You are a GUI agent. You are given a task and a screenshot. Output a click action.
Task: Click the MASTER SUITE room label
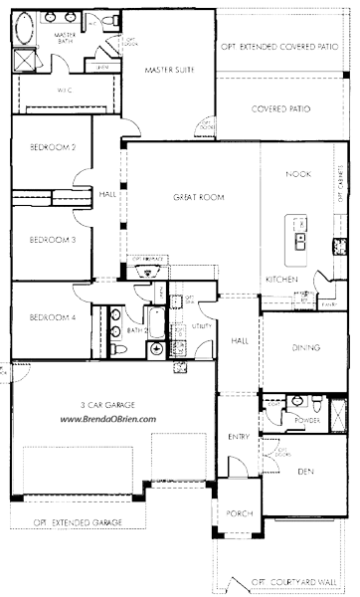point(167,70)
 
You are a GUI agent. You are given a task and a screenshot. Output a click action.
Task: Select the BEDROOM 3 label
point(47,239)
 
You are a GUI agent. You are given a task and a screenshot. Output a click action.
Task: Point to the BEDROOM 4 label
point(47,317)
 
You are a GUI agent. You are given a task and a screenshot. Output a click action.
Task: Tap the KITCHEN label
point(281,280)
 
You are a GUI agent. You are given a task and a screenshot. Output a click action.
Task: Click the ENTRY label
point(239,436)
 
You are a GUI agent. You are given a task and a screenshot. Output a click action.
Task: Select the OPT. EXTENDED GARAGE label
point(78,521)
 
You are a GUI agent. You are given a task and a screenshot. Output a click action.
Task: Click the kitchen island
point(297,235)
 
